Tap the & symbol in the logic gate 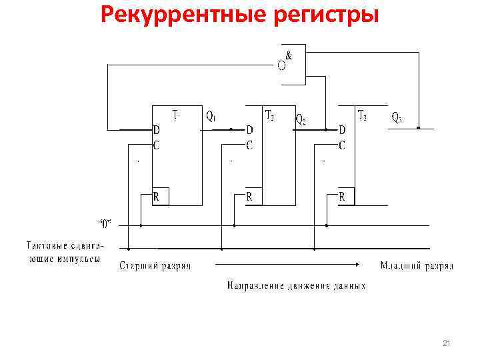(x=289, y=56)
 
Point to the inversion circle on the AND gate (x=282, y=65)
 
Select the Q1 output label (x=211, y=117)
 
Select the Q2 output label (x=301, y=120)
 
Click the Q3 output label (x=397, y=117)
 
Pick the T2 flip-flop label (x=270, y=116)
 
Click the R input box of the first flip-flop (x=160, y=197)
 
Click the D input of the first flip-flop (x=156, y=129)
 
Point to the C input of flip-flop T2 (x=249, y=145)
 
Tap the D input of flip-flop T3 (x=342, y=129)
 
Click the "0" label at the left (x=105, y=223)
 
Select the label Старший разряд (x=155, y=266)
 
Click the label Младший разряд (x=417, y=266)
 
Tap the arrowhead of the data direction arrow (x=363, y=263)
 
